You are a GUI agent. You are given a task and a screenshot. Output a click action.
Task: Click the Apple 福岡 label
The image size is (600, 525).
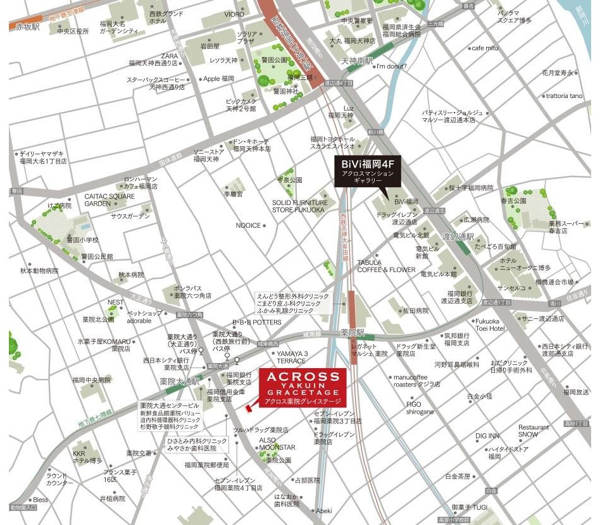(220, 78)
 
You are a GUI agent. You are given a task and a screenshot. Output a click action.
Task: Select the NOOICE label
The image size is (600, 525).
(248, 225)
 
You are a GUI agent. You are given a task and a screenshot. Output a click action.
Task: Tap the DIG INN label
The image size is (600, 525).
(487, 436)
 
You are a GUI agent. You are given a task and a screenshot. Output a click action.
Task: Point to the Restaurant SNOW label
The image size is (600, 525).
(534, 431)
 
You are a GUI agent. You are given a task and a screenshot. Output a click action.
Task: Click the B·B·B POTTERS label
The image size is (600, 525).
(256, 322)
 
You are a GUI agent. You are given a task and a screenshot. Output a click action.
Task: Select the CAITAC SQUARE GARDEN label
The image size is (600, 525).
(109, 200)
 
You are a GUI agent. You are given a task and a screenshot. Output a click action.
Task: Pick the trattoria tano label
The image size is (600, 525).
(564, 96)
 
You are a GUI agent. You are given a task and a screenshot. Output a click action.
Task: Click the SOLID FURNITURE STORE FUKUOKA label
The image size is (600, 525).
(299, 206)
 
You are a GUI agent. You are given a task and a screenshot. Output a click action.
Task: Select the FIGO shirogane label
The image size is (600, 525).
(420, 408)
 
